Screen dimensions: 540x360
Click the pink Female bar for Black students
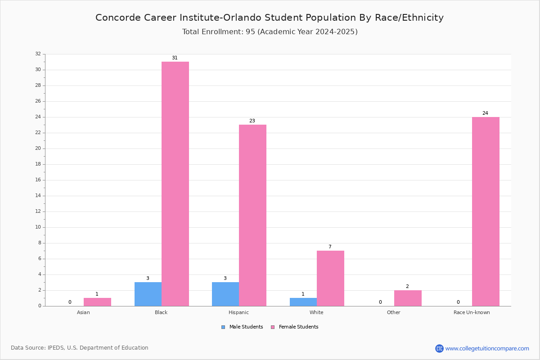pos(175,184)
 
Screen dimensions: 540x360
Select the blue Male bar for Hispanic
pos(225,294)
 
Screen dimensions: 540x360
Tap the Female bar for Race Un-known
pos(486,211)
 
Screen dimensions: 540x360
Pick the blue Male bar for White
pos(303,302)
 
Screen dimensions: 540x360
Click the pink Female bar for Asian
pos(97,302)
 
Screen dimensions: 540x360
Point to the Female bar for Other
pos(408,298)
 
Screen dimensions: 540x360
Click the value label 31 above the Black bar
pos(175,58)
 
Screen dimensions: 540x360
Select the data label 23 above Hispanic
pos(252,121)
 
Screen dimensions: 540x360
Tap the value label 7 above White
pos(330,247)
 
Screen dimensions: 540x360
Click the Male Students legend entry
pos(242,327)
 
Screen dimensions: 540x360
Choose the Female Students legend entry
pos(295,327)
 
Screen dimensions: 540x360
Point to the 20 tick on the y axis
pos(38,148)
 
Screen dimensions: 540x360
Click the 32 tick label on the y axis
pos(38,54)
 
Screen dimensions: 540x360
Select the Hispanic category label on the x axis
pos(238,312)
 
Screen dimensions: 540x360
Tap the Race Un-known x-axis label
pos(472,312)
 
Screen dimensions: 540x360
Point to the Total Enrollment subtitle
pos(270,32)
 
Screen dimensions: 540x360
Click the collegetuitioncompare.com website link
pos(487,348)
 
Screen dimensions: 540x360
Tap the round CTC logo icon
pos(439,348)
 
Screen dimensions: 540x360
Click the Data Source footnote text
pos(80,348)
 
